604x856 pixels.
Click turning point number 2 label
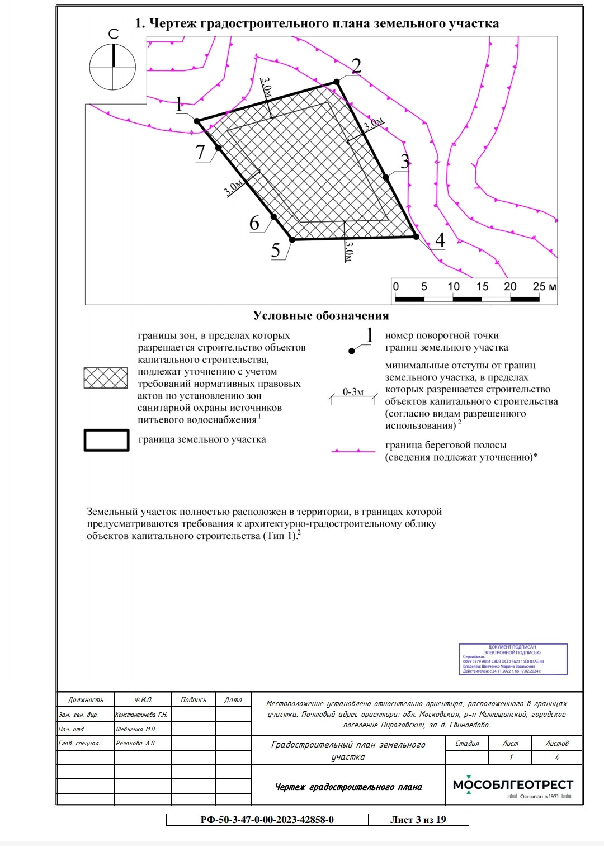[356, 66]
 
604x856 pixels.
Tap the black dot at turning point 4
[416, 237]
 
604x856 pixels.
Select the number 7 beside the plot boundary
[201, 152]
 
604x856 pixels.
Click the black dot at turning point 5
[292, 239]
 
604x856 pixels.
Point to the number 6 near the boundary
[254, 223]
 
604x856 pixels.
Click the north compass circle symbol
[113, 67]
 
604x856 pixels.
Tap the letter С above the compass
[114, 35]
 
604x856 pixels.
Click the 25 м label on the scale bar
[544, 287]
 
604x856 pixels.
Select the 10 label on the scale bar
[454, 287]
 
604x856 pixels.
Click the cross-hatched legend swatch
[106, 378]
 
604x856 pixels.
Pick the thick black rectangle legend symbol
[106, 440]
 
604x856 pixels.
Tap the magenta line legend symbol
[353, 451]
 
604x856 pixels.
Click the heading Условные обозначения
[320, 316]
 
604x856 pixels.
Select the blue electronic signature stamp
[513, 659]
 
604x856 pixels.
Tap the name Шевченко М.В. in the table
[136, 729]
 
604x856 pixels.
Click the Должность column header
[86, 700]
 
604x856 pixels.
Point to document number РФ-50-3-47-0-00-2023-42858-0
[267, 820]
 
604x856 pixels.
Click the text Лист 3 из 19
[418, 820]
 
